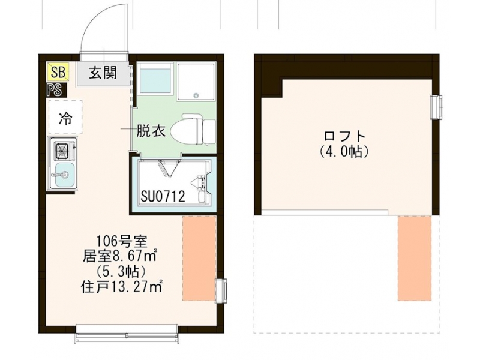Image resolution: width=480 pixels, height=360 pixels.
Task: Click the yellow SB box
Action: (x=58, y=72)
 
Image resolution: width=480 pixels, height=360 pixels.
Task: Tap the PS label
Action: (x=55, y=90)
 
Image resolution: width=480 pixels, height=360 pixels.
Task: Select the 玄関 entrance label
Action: (x=103, y=73)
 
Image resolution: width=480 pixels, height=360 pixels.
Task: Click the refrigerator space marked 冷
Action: (x=65, y=117)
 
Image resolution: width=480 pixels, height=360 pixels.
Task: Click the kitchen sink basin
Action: (x=64, y=175)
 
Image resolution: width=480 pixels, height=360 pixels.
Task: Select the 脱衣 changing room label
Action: (x=151, y=131)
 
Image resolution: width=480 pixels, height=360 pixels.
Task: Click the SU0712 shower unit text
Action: (x=163, y=196)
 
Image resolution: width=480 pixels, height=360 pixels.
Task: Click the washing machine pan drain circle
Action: (x=196, y=95)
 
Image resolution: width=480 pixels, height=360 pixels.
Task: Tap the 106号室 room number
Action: (x=122, y=242)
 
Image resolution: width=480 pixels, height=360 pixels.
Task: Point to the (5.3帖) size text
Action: (x=121, y=272)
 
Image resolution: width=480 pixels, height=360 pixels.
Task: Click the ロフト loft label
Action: (x=345, y=136)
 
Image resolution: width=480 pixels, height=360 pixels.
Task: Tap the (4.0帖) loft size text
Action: (x=344, y=151)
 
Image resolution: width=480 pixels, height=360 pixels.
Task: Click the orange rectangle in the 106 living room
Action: (x=199, y=259)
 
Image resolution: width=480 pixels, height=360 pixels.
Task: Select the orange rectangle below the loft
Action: (x=415, y=259)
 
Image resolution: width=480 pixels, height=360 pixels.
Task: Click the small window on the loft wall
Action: (x=436, y=107)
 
